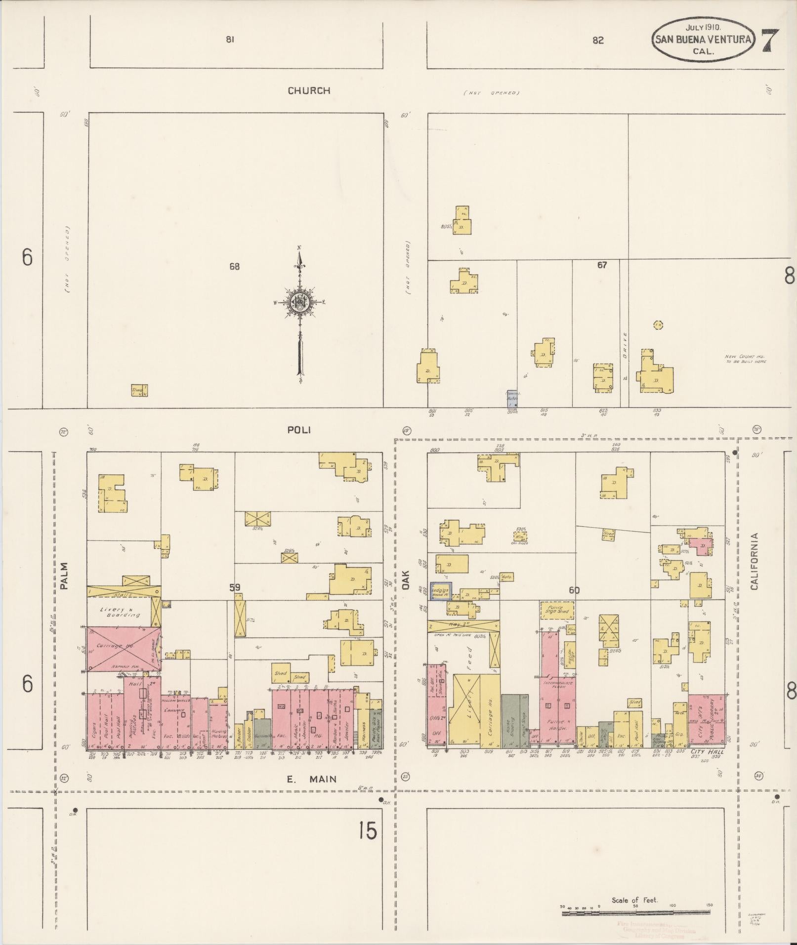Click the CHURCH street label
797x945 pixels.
[309, 90]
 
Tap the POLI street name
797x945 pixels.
[299, 430]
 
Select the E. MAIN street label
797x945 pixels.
[312, 779]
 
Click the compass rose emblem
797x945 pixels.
[299, 303]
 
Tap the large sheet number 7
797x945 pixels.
[770, 40]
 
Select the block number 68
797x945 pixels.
[234, 266]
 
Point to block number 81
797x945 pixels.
[230, 40]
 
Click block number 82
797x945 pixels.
[598, 41]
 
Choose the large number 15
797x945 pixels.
[368, 831]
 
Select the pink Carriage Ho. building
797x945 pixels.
[124, 649]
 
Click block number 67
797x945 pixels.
[601, 265]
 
